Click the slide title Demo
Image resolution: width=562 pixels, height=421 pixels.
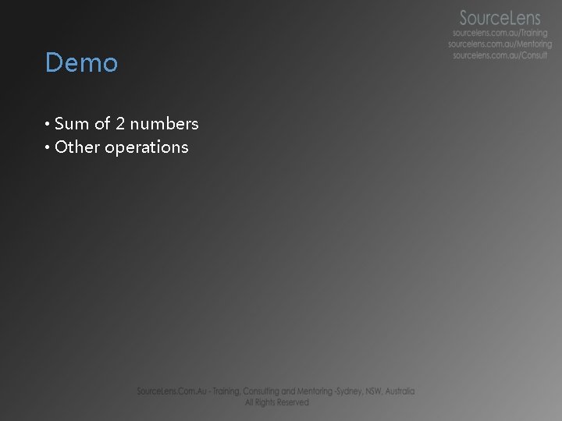(x=81, y=63)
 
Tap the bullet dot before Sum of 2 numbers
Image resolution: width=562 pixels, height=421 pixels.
(x=48, y=125)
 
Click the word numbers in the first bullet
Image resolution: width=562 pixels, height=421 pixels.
(x=165, y=124)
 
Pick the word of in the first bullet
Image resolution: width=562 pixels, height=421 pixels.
(x=102, y=124)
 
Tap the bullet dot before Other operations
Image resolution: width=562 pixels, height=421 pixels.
(x=48, y=148)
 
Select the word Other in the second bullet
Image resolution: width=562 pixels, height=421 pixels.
(x=77, y=147)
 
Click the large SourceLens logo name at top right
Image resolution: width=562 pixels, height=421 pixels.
(x=500, y=18)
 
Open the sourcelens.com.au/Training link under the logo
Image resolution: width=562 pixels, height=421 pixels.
(x=500, y=34)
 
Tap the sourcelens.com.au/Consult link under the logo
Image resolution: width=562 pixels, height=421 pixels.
(x=500, y=55)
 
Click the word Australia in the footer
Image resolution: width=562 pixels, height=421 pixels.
(x=399, y=391)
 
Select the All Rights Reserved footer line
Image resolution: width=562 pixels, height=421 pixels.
(x=276, y=402)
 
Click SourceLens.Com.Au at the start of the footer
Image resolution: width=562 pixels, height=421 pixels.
(x=167, y=391)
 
